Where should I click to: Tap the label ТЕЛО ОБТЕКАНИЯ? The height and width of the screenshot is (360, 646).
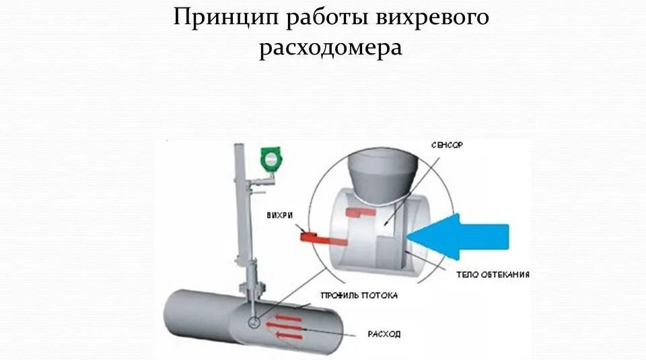[493, 275]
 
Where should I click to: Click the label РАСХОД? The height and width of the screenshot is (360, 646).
[384, 332]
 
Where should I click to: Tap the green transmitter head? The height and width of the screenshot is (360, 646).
[271, 159]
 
